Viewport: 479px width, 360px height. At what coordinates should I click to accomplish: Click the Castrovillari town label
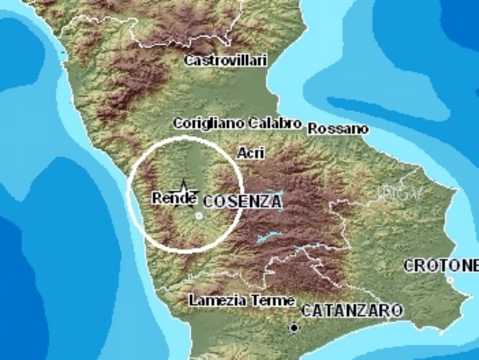point(226,61)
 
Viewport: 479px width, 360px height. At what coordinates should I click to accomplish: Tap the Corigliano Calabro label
point(237,124)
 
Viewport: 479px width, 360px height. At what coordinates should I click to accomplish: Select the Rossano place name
point(338,129)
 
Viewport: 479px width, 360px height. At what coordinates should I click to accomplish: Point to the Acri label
point(251,153)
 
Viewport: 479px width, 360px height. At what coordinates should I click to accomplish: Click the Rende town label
point(174,198)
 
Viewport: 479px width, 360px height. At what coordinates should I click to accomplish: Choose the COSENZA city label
point(242,202)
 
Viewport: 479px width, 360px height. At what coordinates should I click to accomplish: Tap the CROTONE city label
point(441,266)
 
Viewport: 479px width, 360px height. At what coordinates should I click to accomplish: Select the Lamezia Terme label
point(241,301)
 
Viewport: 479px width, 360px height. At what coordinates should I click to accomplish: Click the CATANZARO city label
point(352,311)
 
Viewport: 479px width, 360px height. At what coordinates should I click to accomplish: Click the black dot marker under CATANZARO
point(293,328)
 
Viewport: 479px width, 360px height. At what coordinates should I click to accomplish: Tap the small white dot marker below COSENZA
point(199,216)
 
